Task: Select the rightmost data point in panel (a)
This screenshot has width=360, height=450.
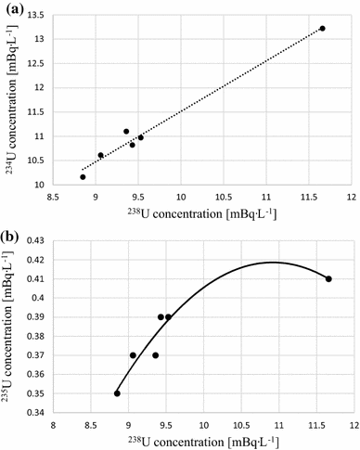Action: (x=322, y=29)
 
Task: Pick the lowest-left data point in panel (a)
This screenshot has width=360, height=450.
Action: (x=83, y=176)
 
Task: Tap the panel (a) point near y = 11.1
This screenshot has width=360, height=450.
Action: (x=126, y=132)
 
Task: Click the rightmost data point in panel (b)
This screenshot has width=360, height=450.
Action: (x=328, y=279)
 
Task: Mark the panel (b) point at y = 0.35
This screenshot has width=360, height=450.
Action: (x=117, y=393)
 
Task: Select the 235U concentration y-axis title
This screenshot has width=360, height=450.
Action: (x=11, y=327)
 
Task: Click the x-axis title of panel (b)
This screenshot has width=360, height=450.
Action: (x=200, y=442)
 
